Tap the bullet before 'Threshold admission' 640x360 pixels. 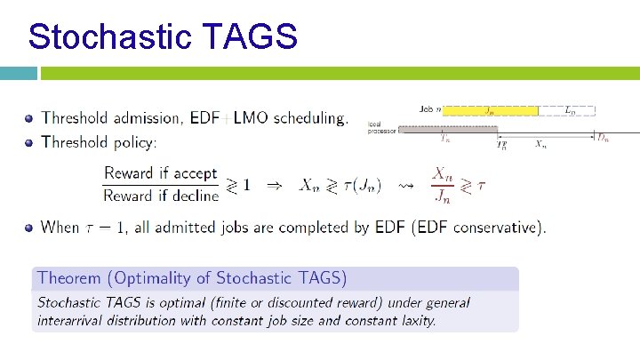(29, 117)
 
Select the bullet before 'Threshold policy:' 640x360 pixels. (29, 142)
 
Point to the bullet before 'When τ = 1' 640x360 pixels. (29, 228)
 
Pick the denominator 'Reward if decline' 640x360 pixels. (160, 196)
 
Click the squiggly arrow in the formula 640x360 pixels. (405, 185)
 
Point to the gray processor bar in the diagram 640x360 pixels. (447, 130)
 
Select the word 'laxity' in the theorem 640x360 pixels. (413, 320)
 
